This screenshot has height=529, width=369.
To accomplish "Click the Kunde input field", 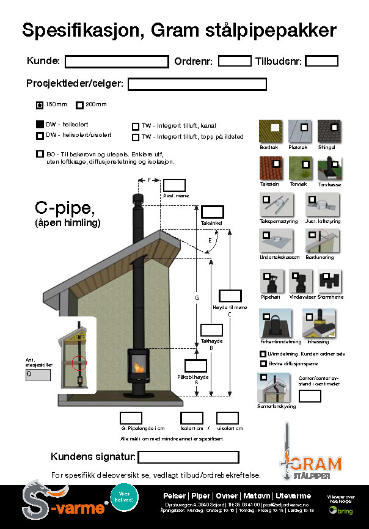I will [x=116, y=61].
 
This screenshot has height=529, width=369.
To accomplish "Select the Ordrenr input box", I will [x=235, y=61].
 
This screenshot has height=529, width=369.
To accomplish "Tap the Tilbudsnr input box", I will [x=321, y=61].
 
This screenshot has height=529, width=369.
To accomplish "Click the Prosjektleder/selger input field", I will [x=197, y=84].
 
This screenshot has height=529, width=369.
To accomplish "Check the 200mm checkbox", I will [x=79, y=104].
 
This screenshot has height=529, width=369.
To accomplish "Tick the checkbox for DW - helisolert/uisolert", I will [x=40, y=136].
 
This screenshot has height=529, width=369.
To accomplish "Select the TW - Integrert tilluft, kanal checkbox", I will [x=136, y=126].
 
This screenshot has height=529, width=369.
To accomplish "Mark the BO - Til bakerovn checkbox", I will [x=40, y=155].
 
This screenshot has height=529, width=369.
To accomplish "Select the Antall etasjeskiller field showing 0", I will [x=38, y=375].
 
